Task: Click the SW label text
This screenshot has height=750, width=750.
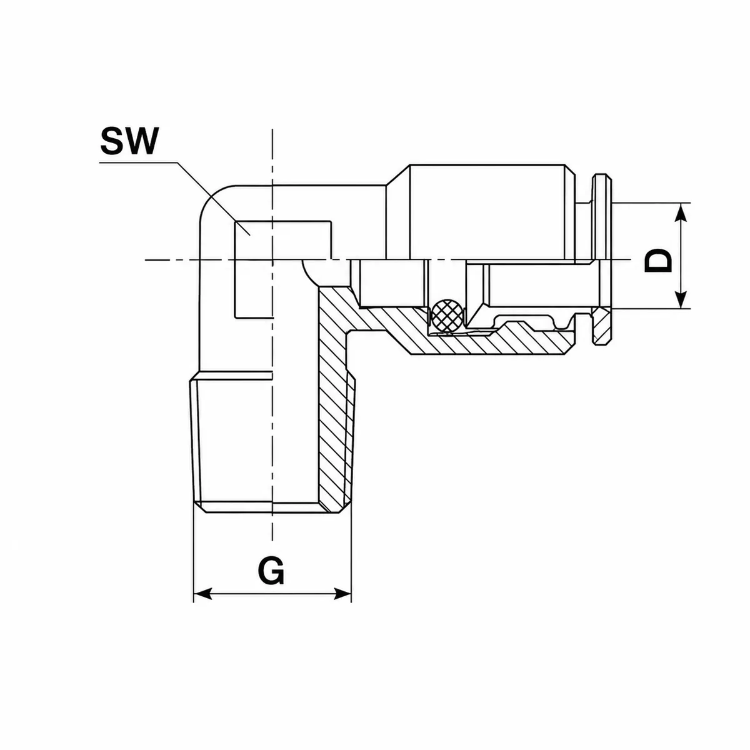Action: [x=129, y=141]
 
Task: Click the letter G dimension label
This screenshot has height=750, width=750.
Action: [x=271, y=571]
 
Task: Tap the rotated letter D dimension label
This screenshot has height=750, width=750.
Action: [x=659, y=260]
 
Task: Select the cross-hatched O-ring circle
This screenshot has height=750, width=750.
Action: [x=447, y=316]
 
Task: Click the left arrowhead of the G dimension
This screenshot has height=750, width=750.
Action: [x=202, y=604]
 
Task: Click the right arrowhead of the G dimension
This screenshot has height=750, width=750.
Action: [x=342, y=604]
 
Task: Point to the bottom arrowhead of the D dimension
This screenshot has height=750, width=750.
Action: [x=681, y=299]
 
